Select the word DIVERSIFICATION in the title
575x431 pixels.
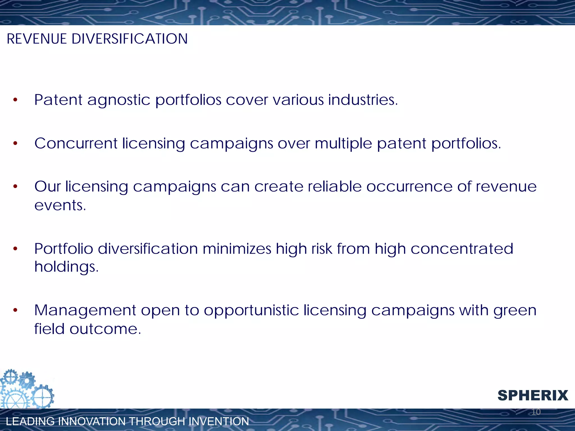pos(129,39)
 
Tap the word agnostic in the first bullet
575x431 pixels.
pos(119,100)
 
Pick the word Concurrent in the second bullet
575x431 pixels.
pos(76,143)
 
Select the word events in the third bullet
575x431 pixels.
pos(60,205)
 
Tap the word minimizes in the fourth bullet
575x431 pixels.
pos(237,249)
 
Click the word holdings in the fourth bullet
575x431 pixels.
pos(66,267)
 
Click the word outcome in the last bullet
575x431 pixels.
pos(105,329)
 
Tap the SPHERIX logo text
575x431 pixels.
pos(533,395)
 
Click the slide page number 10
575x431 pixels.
pos(536,412)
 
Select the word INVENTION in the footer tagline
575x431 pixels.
pos(218,421)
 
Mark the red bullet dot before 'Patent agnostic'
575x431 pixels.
pos(15,100)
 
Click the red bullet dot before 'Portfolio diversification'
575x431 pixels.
pos(15,249)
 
